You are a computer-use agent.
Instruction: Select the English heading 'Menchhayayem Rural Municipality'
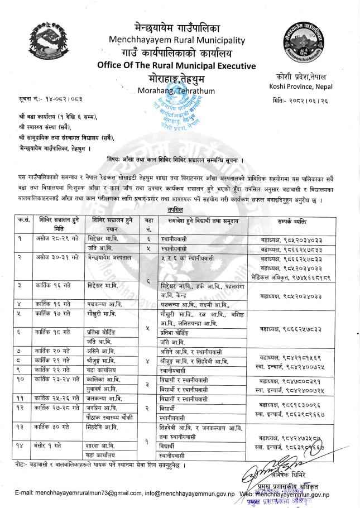tap(178, 40)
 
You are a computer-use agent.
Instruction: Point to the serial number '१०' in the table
tap(18, 379)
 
